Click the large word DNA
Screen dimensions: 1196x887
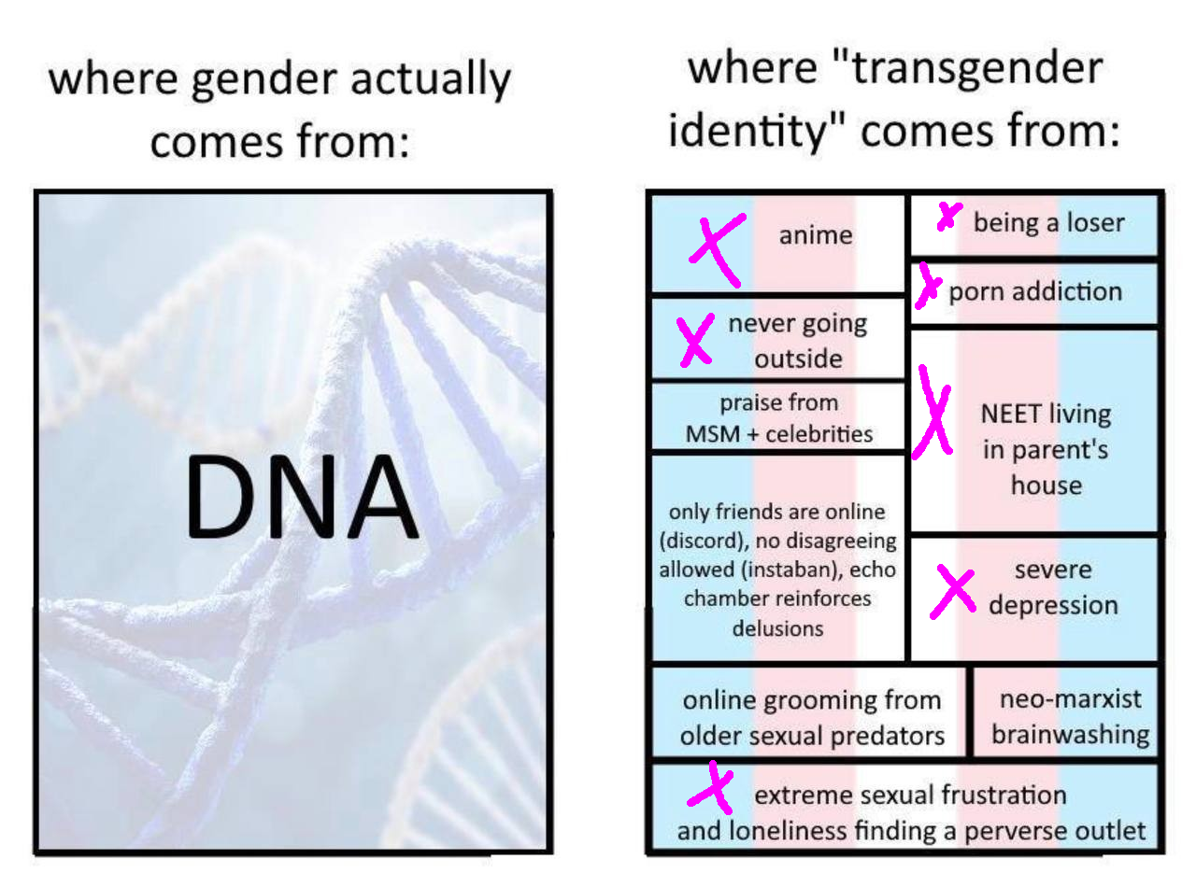[302, 496]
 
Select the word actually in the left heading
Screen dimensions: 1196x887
[431, 79]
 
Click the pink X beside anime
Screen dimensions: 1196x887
[718, 249]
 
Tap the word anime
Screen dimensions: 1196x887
[816, 235]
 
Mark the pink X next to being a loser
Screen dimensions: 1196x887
[949, 216]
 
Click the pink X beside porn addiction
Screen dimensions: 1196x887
[928, 286]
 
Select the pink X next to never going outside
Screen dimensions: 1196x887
[695, 340]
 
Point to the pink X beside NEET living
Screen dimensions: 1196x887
[932, 414]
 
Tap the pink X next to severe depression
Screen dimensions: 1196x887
[953, 591]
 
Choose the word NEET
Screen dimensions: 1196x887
[1010, 414]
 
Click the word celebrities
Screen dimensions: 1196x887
[819, 434]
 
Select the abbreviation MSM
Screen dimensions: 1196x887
[712, 434]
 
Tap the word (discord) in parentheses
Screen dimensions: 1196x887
[704, 541]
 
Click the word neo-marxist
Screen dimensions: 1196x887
[1071, 699]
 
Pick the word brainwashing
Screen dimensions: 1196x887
[1071, 735]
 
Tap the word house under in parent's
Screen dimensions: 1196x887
[1046, 485]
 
